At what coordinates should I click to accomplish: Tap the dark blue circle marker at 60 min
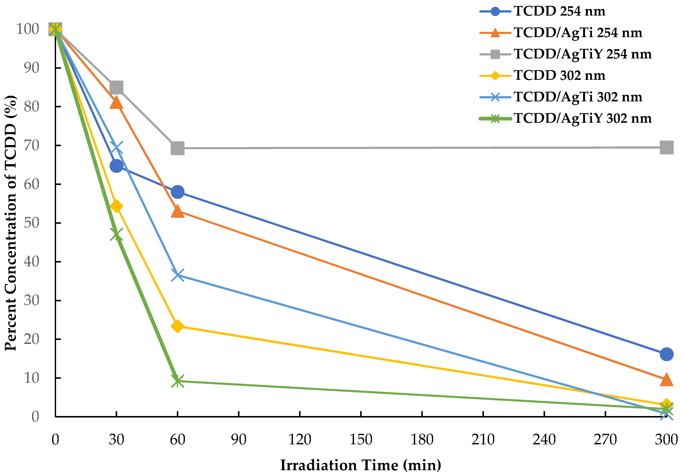(178, 192)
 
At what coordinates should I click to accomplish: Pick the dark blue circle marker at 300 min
(666, 354)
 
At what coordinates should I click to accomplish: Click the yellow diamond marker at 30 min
(116, 206)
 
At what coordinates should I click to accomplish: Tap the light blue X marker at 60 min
(178, 275)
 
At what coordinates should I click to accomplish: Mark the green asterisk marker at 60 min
(178, 381)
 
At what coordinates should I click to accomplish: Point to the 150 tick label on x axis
(361, 440)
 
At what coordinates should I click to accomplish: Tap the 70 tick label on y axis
(31, 146)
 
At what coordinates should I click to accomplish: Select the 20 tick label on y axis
(31, 339)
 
